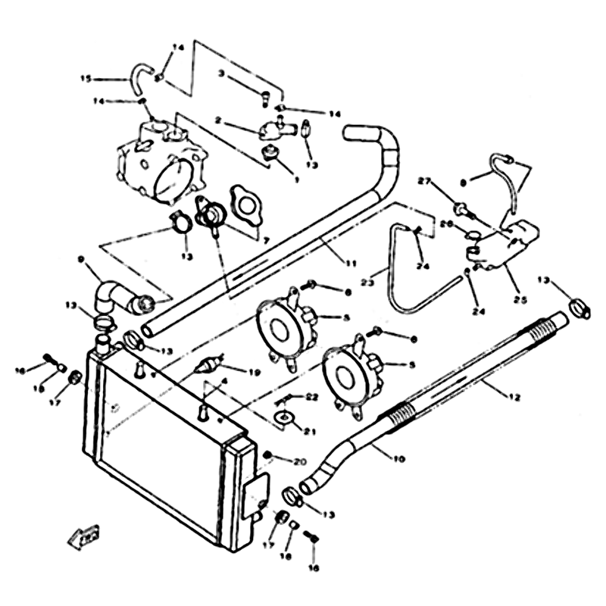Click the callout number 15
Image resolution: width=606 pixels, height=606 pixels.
click(86, 78)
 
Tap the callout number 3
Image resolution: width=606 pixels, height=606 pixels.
click(220, 73)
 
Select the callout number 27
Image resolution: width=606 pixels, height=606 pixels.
click(424, 182)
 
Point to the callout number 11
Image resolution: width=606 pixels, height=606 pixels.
click(349, 263)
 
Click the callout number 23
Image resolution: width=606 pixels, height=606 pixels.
click(368, 283)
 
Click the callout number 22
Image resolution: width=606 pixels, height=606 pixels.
click(312, 396)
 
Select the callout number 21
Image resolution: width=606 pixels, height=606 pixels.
click(309, 432)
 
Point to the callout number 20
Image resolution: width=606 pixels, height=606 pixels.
click(299, 461)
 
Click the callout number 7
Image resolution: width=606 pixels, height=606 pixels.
click(266, 239)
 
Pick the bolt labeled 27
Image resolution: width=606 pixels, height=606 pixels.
click(459, 205)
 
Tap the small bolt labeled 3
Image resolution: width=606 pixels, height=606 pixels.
click(265, 96)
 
